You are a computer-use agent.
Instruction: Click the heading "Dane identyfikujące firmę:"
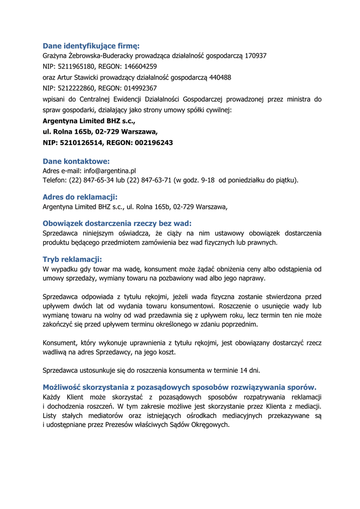(91, 46)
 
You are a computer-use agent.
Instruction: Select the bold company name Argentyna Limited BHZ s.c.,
(89, 121)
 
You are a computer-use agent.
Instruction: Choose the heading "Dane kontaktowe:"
(76, 161)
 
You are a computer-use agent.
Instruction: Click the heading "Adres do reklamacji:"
(80, 197)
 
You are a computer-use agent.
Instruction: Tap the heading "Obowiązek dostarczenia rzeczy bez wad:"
(117, 223)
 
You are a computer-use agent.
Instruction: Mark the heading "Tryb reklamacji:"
(72, 259)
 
